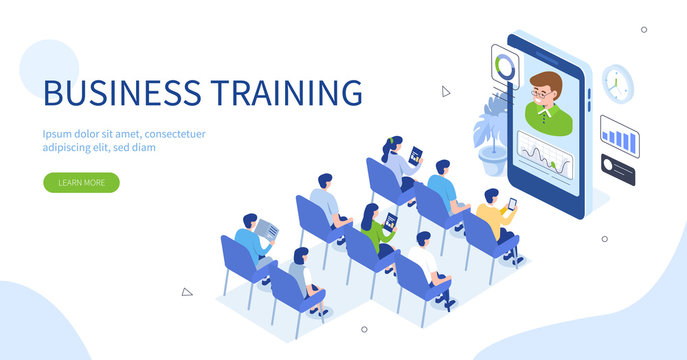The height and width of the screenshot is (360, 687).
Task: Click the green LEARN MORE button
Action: [x=81, y=183]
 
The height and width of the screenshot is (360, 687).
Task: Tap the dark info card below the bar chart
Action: [x=618, y=169]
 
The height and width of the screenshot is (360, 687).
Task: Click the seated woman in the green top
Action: [x=375, y=229]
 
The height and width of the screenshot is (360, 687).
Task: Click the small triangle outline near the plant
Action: [x=446, y=91]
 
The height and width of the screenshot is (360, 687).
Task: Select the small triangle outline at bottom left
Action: [x=186, y=292]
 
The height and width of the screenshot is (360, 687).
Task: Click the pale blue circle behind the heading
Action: [x=48, y=69]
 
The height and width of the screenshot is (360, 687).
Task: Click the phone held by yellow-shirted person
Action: [x=512, y=202]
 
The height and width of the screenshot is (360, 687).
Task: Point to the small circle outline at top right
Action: [x=644, y=30]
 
